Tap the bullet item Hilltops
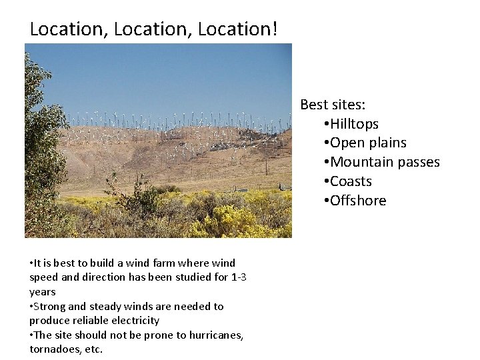click(354, 124)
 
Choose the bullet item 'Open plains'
click(368, 143)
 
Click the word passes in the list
click(416, 162)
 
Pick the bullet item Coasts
click(351, 181)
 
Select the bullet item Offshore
click(358, 201)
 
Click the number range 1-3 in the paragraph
click(238, 277)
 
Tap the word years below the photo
click(43, 292)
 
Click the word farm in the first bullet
click(152, 263)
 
